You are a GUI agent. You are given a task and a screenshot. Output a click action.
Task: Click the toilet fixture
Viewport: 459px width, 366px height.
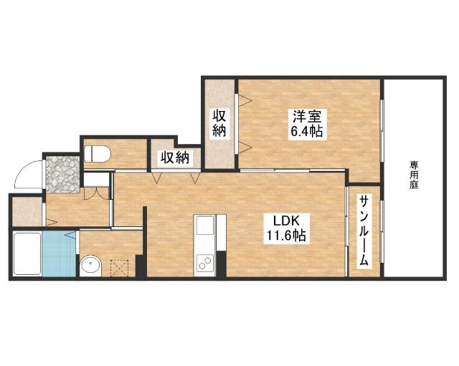click(98, 154)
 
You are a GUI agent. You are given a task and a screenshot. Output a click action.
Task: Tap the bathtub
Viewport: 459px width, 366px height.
click(27, 254)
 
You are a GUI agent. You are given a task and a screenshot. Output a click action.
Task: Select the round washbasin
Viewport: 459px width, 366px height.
click(91, 266)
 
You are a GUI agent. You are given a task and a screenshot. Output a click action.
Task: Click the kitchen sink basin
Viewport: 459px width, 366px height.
click(205, 226)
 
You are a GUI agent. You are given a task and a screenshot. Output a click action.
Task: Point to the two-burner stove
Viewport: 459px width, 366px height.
click(205, 262)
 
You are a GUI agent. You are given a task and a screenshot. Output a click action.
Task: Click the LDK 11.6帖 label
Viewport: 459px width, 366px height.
click(286, 228)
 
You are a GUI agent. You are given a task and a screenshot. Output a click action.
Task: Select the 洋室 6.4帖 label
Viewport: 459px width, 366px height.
click(307, 124)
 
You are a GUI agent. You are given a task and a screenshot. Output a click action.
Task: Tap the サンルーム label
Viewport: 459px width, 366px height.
click(364, 231)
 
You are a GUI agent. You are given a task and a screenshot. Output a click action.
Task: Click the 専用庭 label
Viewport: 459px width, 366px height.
click(414, 175)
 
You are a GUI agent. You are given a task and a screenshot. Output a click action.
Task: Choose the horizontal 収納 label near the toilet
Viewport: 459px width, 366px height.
click(175, 158)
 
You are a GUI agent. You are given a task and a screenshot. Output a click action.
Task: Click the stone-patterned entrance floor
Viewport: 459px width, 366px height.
click(63, 175)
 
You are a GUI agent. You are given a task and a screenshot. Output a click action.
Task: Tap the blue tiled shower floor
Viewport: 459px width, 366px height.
click(60, 253)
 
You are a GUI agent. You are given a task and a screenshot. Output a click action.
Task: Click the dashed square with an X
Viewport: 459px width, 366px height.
click(119, 269)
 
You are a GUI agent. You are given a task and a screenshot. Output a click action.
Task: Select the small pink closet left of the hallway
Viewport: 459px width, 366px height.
click(27, 211)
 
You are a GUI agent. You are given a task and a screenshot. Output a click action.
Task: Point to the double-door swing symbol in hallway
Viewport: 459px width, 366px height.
click(97, 193)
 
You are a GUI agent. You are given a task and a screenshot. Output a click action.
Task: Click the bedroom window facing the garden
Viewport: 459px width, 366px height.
click(382, 131)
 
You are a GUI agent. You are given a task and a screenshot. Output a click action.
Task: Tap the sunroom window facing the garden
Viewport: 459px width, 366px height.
click(382, 232)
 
